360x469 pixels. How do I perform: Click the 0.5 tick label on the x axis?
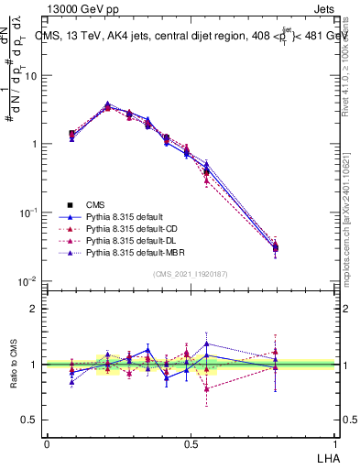191,443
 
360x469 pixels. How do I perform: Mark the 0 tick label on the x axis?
47,443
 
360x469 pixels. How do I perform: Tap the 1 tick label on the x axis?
336,443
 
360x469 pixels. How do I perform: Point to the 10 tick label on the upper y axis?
32,76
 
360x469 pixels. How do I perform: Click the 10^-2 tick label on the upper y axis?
30,280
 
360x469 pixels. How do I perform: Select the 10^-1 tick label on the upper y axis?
30,213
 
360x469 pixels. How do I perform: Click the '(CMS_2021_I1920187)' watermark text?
191,274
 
